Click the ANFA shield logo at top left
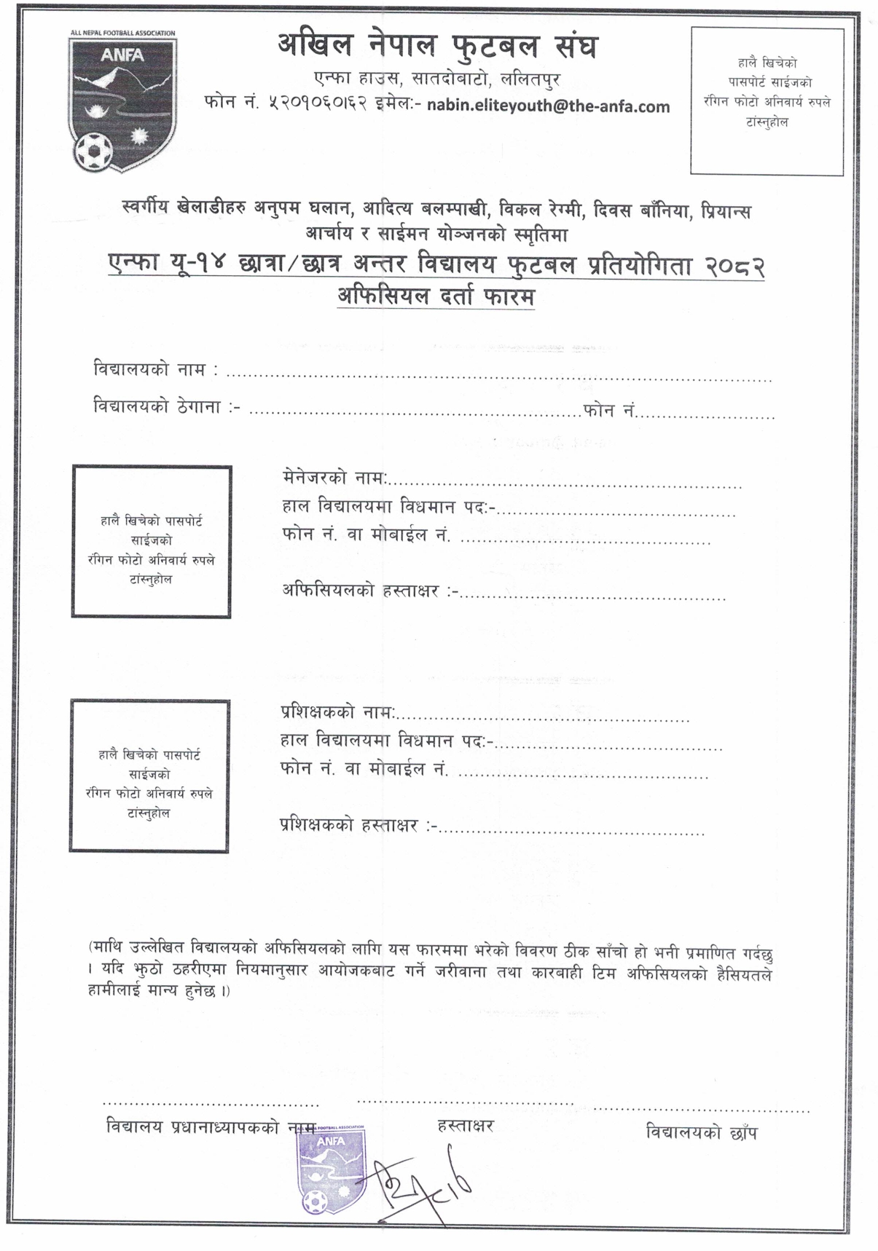122,102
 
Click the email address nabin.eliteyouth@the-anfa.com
548,106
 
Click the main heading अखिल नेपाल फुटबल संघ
436,47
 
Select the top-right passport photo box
767,100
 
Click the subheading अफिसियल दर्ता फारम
436,297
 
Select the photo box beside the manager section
151,542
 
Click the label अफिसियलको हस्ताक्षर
360,591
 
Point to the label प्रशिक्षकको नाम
336,711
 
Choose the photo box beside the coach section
149,776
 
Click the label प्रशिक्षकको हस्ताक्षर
349,825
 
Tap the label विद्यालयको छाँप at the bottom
701,1133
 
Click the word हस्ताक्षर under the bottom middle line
466,1126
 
